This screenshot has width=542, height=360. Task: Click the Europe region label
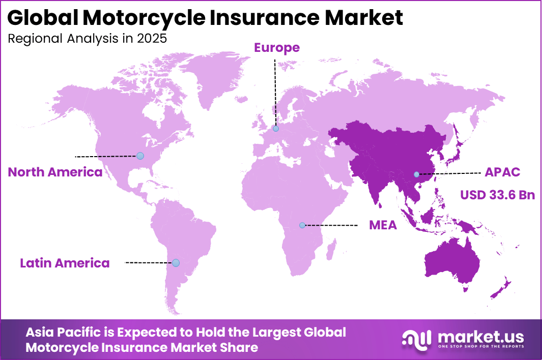pos(277,48)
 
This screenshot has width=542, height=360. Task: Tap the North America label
pos(55,172)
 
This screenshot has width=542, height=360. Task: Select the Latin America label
pos(65,263)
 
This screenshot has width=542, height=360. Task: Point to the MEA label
pos(383,225)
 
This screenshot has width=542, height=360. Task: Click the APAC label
pos(502,172)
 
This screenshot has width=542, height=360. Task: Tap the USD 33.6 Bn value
pos(497,195)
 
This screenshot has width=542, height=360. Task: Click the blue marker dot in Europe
pos(275,129)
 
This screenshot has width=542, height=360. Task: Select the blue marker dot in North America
pos(140,156)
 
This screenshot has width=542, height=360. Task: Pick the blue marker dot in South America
pos(176,263)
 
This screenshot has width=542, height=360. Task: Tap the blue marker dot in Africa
pos(302,225)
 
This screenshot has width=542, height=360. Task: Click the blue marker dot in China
pos(416,174)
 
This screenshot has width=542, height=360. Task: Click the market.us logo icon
pos(416,339)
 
